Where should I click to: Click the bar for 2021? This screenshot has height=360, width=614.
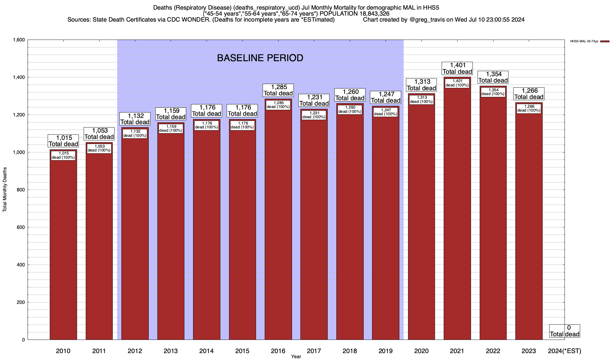[457, 210]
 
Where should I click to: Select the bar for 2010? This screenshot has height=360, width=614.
[63, 246]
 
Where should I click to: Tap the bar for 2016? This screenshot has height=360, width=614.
[278, 222]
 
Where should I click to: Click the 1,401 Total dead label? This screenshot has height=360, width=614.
[457, 68]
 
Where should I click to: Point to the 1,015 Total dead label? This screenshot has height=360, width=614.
[63, 141]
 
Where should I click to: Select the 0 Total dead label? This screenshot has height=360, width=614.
[565, 331]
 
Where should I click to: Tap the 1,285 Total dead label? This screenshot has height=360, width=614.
[278, 90]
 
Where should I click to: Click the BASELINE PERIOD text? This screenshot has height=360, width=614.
[260, 58]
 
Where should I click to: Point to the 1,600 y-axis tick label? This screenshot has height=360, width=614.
[18, 40]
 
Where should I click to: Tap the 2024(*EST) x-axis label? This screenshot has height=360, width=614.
[564, 351]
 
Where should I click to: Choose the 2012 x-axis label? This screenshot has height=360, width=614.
[135, 351]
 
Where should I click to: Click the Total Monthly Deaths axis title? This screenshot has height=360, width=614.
[5, 190]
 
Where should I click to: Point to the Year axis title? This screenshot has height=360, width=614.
[296, 357]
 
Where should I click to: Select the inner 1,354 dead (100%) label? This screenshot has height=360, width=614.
[493, 92]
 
